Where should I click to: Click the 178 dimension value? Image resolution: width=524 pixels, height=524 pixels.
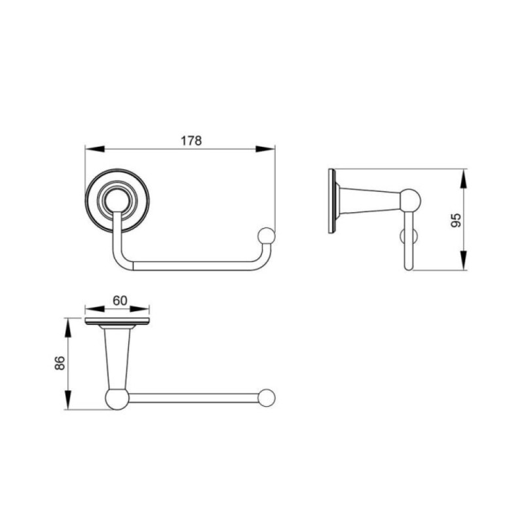click(x=191, y=140)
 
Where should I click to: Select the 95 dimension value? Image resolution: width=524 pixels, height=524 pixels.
click(x=456, y=220)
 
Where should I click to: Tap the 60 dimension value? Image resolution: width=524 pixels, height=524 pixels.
click(x=120, y=301)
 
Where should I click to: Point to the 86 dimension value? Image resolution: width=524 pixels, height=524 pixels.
click(x=60, y=363)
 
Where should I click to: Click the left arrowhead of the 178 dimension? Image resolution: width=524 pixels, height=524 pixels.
click(x=95, y=149)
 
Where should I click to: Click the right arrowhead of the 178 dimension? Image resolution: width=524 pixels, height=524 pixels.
click(x=265, y=149)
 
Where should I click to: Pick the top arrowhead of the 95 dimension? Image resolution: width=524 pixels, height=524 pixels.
click(x=463, y=179)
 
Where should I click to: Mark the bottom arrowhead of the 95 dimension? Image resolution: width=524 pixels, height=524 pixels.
click(x=463, y=260)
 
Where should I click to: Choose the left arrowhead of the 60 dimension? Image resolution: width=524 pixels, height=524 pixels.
click(x=95, y=309)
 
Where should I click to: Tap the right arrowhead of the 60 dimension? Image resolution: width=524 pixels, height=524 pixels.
click(x=140, y=309)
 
